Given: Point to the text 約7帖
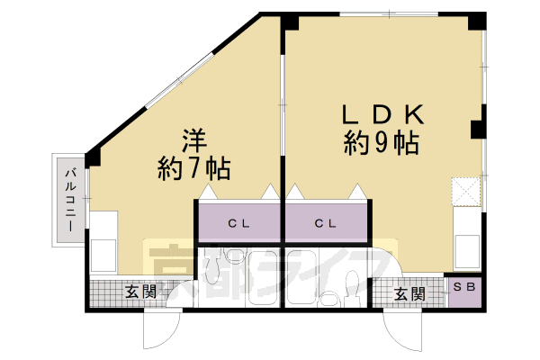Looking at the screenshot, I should (x=194, y=167).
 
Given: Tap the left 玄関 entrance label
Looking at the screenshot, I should (x=141, y=292).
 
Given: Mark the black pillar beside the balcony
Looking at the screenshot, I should (x=94, y=156).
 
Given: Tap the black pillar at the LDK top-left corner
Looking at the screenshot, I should (x=290, y=21).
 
